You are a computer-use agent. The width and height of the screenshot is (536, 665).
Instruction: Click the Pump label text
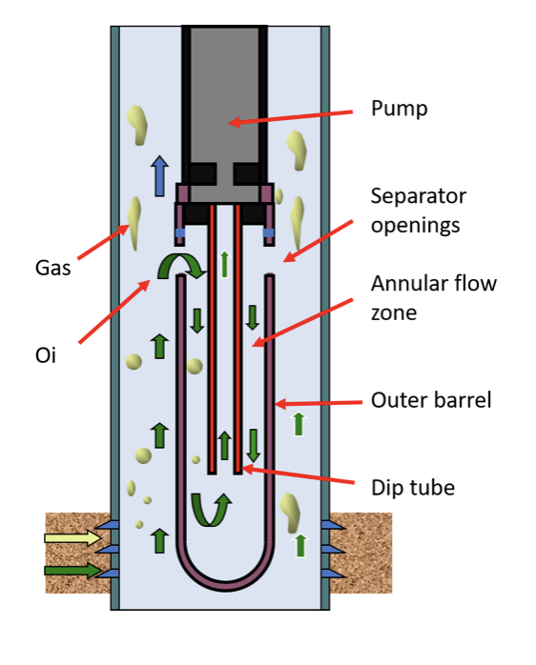[399, 109]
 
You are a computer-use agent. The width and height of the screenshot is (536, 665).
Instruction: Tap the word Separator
[419, 196]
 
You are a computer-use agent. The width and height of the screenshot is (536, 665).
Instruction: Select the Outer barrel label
[431, 400]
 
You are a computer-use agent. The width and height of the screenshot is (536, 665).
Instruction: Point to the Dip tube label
[413, 488]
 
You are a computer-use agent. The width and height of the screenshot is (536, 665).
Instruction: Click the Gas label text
[52, 268]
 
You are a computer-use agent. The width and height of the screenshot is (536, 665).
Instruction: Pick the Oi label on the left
[46, 355]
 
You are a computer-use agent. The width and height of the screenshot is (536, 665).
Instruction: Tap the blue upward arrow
[159, 176]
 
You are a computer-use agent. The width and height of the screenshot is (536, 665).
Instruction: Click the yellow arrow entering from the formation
[73, 537]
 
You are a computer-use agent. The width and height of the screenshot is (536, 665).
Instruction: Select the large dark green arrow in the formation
[73, 570]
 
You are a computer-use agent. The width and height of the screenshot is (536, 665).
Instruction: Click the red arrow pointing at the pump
[291, 117]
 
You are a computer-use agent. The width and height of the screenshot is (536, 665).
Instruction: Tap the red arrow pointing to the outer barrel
[319, 403]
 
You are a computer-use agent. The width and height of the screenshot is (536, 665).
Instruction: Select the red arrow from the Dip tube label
[298, 475]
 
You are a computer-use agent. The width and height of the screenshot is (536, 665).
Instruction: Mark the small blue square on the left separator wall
[180, 232]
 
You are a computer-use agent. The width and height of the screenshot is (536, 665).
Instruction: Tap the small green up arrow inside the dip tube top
[225, 264]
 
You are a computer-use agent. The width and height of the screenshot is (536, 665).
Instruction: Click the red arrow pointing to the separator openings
[318, 241]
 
